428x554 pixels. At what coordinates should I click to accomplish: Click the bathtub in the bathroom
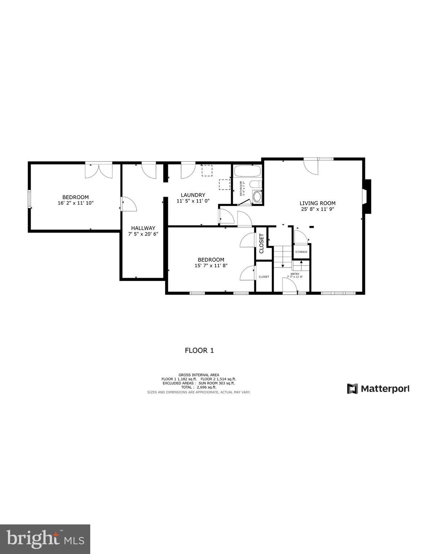(247, 171)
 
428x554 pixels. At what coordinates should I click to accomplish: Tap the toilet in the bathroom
(256, 185)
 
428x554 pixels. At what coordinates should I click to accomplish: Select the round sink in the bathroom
(257, 197)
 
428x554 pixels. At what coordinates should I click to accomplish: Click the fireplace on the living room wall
(366, 197)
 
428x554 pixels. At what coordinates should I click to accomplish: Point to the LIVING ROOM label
(317, 203)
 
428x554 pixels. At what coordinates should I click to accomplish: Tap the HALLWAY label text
(143, 228)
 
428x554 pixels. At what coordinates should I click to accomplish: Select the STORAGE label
(301, 252)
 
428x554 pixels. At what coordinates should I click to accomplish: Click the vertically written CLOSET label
(262, 243)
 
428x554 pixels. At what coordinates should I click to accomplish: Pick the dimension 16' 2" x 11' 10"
(75, 203)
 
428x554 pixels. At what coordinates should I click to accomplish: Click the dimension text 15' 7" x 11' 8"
(211, 265)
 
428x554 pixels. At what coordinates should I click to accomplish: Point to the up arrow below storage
(301, 263)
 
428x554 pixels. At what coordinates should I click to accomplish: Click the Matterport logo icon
(352, 389)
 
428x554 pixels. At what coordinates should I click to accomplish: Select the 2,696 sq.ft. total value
(206, 387)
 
